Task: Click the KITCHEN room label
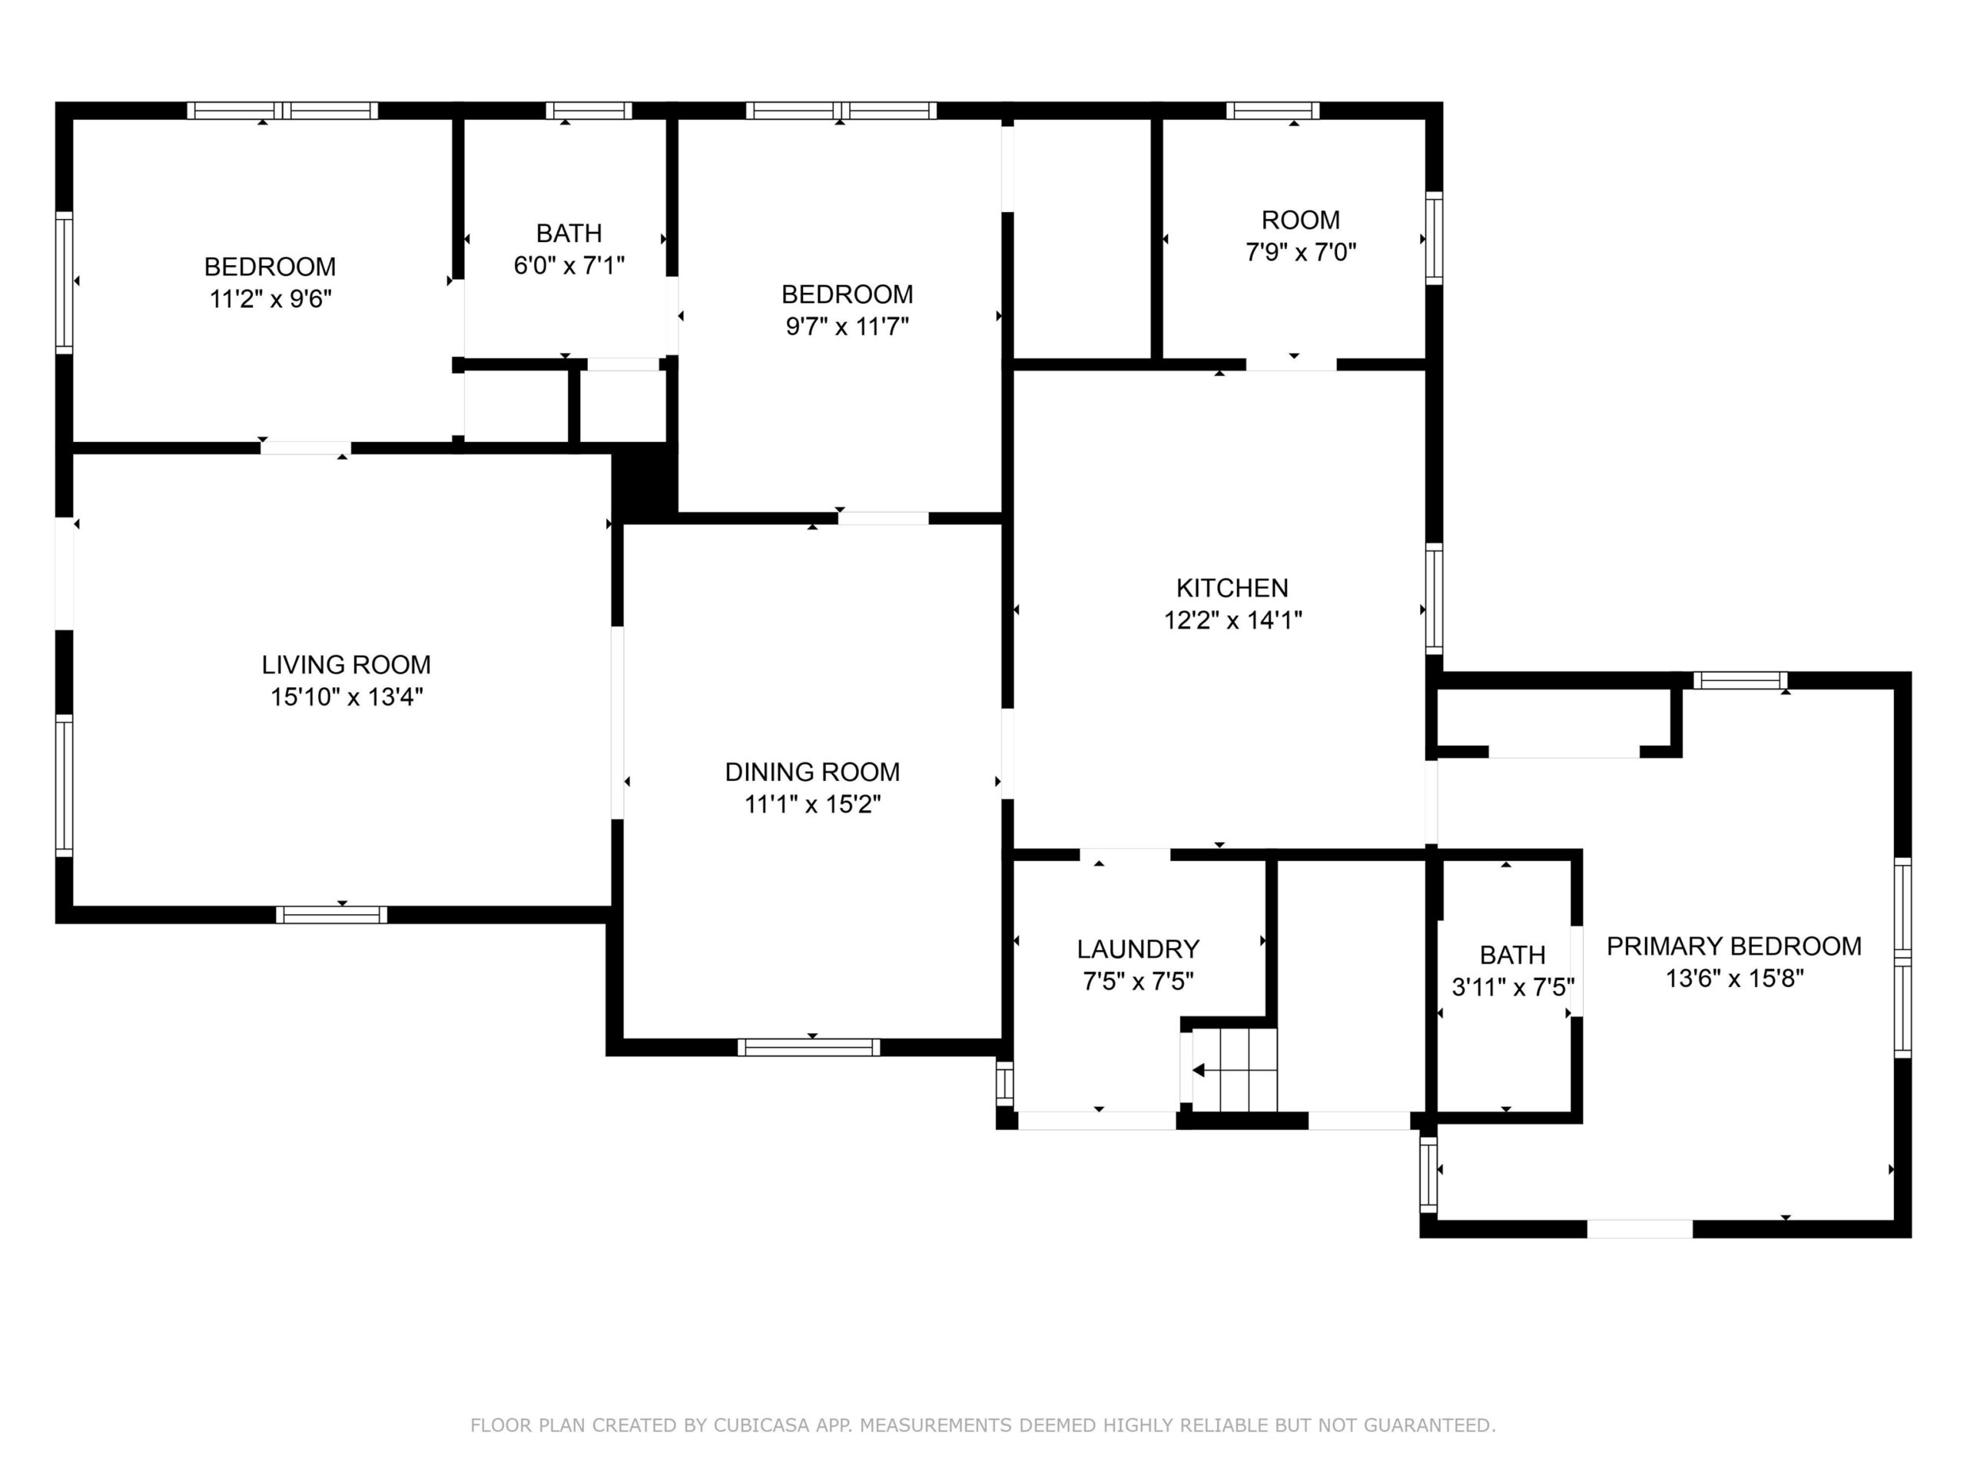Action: coord(1232,588)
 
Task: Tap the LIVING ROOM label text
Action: coord(346,665)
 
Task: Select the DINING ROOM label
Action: coord(812,773)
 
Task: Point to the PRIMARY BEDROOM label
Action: coord(1734,946)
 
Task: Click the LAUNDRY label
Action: coord(1138,949)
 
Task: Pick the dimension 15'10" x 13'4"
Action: coord(346,696)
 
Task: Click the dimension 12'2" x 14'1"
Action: coord(1233,620)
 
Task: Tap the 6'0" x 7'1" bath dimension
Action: coord(569,265)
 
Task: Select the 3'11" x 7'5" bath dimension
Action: coord(1513,988)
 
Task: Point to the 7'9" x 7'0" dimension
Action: coord(1301,253)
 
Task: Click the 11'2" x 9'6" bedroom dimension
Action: coord(270,299)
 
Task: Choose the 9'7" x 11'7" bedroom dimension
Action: coord(847,327)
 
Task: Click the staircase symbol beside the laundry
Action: coord(1234,1069)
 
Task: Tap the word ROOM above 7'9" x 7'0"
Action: coord(1301,220)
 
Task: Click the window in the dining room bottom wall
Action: coord(809,1047)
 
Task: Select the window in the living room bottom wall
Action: coord(332,915)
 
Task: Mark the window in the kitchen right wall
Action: coord(1435,599)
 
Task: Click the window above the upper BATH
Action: coord(589,111)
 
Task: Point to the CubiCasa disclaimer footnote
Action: coord(983,1425)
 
